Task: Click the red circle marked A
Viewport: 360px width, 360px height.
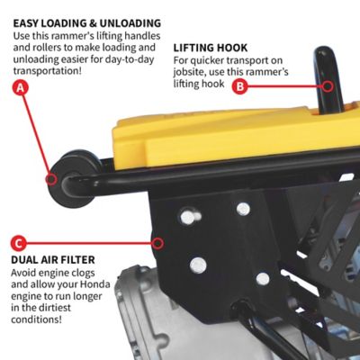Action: click(21, 88)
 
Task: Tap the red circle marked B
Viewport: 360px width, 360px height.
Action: click(239, 86)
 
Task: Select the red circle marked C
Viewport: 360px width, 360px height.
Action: click(20, 243)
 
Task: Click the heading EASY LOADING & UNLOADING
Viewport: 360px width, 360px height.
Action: click(87, 22)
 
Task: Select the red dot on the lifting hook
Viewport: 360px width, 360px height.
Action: click(329, 86)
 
